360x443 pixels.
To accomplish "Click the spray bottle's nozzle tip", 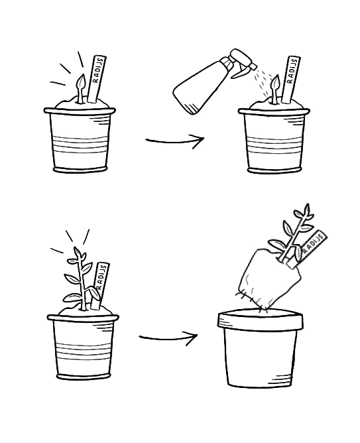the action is tap(253, 66).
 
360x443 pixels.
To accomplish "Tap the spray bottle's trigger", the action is tap(239, 73).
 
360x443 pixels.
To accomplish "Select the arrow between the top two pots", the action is tap(175, 141).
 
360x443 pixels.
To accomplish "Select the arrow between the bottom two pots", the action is tap(168, 338).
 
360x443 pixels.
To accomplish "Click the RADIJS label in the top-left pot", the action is tap(97, 78).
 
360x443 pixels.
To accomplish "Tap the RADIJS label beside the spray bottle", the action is tap(290, 79).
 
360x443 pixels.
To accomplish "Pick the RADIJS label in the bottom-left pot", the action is tap(100, 285).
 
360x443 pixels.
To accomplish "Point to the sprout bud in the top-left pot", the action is tap(81, 82).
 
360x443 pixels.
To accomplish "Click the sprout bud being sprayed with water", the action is tap(275, 82).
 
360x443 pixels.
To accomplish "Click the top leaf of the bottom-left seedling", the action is tap(76, 251).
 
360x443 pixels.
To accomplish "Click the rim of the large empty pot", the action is tap(260, 320).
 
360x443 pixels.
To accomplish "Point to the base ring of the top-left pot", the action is tap(80, 170).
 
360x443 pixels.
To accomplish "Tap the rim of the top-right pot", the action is tap(274, 111).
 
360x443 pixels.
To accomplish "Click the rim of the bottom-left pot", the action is tap(83, 318).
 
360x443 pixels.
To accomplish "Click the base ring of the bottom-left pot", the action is tap(83, 376).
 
